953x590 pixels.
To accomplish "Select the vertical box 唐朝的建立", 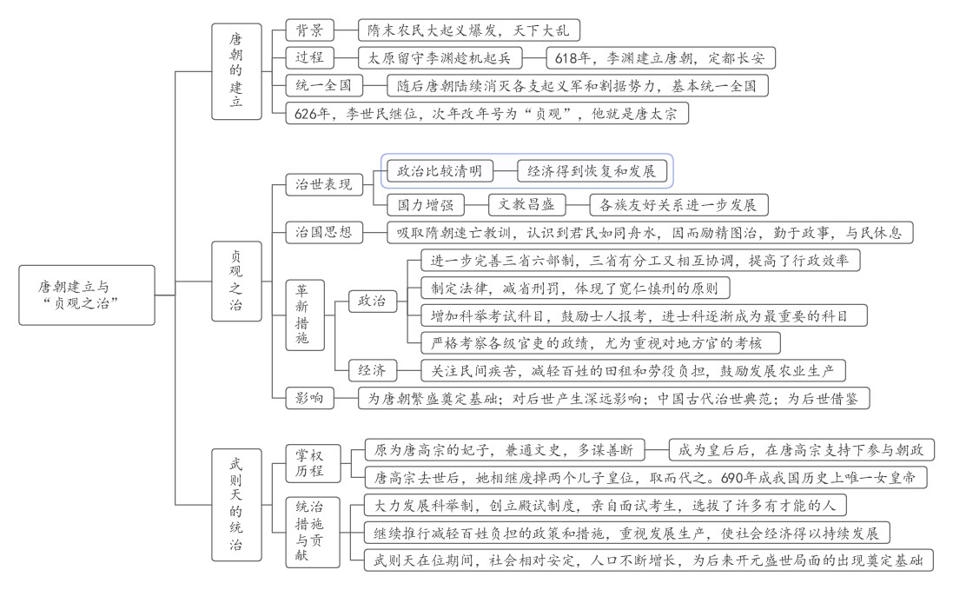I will coord(236,71).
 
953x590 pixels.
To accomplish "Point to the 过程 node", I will coord(310,58).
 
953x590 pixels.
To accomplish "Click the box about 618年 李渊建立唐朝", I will coord(660,58).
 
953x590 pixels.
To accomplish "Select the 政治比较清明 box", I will coord(439,171).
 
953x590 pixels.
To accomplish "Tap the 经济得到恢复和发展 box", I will coord(591,171).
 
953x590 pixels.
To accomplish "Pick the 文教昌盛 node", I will coord(526,205).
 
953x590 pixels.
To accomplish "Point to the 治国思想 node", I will coord(324,232).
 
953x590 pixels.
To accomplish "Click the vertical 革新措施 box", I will coord(301,315).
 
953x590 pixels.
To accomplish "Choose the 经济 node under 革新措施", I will coord(372,371).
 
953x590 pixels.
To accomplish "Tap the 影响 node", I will coord(310,398).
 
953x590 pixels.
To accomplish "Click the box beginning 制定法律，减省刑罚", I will coord(574,288).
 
